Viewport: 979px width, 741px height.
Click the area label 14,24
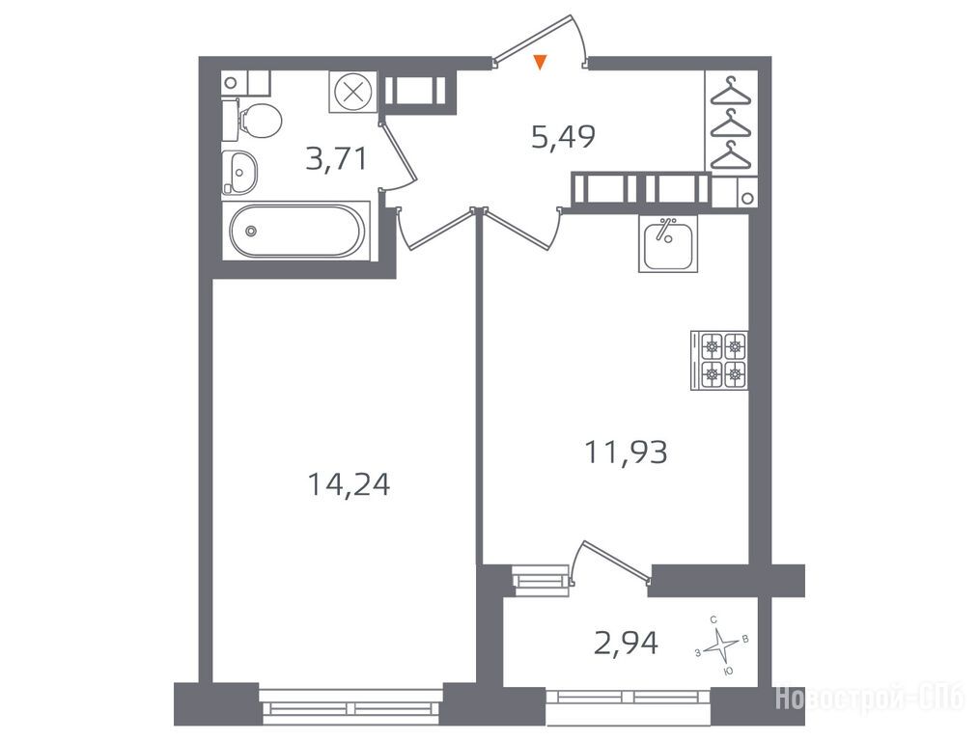[349, 484]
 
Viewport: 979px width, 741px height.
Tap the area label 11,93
[626, 453]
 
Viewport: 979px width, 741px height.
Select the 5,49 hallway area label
[563, 137]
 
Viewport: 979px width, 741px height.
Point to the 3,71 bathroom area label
[336, 159]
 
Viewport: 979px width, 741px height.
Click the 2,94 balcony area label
[626, 644]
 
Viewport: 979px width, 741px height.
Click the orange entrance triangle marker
[541, 62]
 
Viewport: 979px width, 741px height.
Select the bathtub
[296, 231]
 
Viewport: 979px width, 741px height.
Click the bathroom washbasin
[239, 171]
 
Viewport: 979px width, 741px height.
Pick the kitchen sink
[668, 244]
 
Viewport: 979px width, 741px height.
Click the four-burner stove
[719, 361]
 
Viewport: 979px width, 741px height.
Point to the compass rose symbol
[722, 645]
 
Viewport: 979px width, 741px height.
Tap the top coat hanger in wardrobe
[731, 91]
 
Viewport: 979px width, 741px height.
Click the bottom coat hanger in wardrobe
[731, 154]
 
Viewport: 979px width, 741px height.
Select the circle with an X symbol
[353, 93]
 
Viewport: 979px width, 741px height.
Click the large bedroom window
[350, 706]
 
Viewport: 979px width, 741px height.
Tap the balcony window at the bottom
[629, 705]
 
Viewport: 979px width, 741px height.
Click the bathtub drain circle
[251, 231]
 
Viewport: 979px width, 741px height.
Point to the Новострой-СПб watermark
[870, 699]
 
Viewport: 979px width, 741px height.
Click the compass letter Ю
[727, 672]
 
